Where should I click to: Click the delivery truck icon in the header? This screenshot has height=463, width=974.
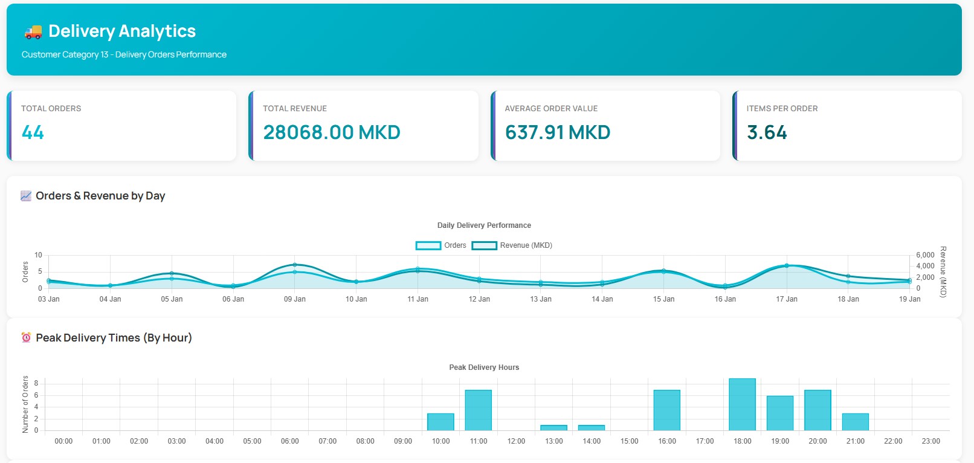coord(33,31)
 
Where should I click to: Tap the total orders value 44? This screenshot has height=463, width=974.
coord(33,132)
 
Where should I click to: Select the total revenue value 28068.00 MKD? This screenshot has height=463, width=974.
coord(332,132)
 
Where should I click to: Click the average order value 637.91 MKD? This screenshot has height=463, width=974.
coord(557,132)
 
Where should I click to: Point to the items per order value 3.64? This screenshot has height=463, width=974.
coord(767,132)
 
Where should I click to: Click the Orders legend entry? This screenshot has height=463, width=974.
coord(441,245)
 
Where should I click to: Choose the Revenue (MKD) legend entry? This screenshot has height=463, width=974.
coord(512,245)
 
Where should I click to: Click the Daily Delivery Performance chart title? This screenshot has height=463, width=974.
coord(484,225)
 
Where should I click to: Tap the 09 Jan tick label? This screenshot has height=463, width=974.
coord(295,299)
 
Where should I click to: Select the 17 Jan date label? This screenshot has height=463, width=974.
coord(787,299)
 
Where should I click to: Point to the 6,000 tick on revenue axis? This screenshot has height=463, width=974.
coord(924,255)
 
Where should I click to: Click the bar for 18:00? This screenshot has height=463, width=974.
coord(742,404)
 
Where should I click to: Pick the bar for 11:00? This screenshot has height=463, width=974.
coord(478,410)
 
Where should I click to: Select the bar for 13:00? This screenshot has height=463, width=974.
coord(553,428)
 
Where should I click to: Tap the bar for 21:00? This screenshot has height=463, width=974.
coord(855,422)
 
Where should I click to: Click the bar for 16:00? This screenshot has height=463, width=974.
coord(666,410)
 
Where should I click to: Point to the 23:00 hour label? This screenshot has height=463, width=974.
coord(930,441)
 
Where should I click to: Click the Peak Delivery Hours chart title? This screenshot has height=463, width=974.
coord(484,367)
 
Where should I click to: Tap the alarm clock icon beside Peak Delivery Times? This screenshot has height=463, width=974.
coord(26,338)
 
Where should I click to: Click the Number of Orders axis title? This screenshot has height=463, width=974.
coord(25,404)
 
